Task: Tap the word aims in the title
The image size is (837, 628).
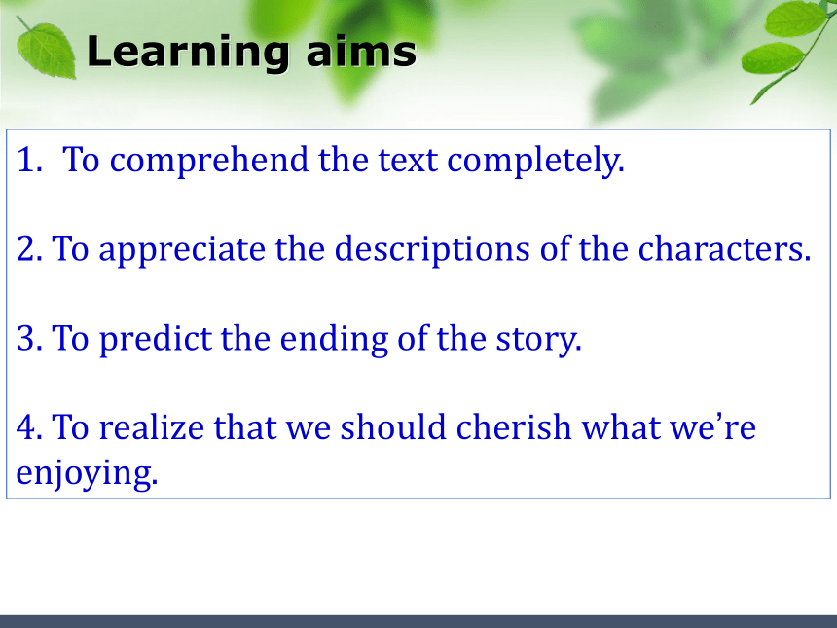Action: [361, 51]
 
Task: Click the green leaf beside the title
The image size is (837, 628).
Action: [46, 49]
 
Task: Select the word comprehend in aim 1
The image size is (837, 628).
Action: [209, 161]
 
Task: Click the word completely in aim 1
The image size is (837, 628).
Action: [535, 161]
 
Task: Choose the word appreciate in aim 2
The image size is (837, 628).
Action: [182, 250]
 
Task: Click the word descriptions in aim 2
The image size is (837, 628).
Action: [432, 250]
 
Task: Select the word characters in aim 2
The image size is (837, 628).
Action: [724, 249]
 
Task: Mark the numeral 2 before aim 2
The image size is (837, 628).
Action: [29, 249]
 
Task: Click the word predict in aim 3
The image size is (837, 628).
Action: [156, 339]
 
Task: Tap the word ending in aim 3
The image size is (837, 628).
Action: [334, 340]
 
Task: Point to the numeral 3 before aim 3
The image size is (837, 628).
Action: [29, 339]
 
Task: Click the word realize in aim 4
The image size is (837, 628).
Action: [152, 428]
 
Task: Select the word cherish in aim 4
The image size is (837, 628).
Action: [514, 427]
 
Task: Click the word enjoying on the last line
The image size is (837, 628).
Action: [87, 474]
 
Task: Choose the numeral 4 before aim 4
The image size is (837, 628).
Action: [29, 427]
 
